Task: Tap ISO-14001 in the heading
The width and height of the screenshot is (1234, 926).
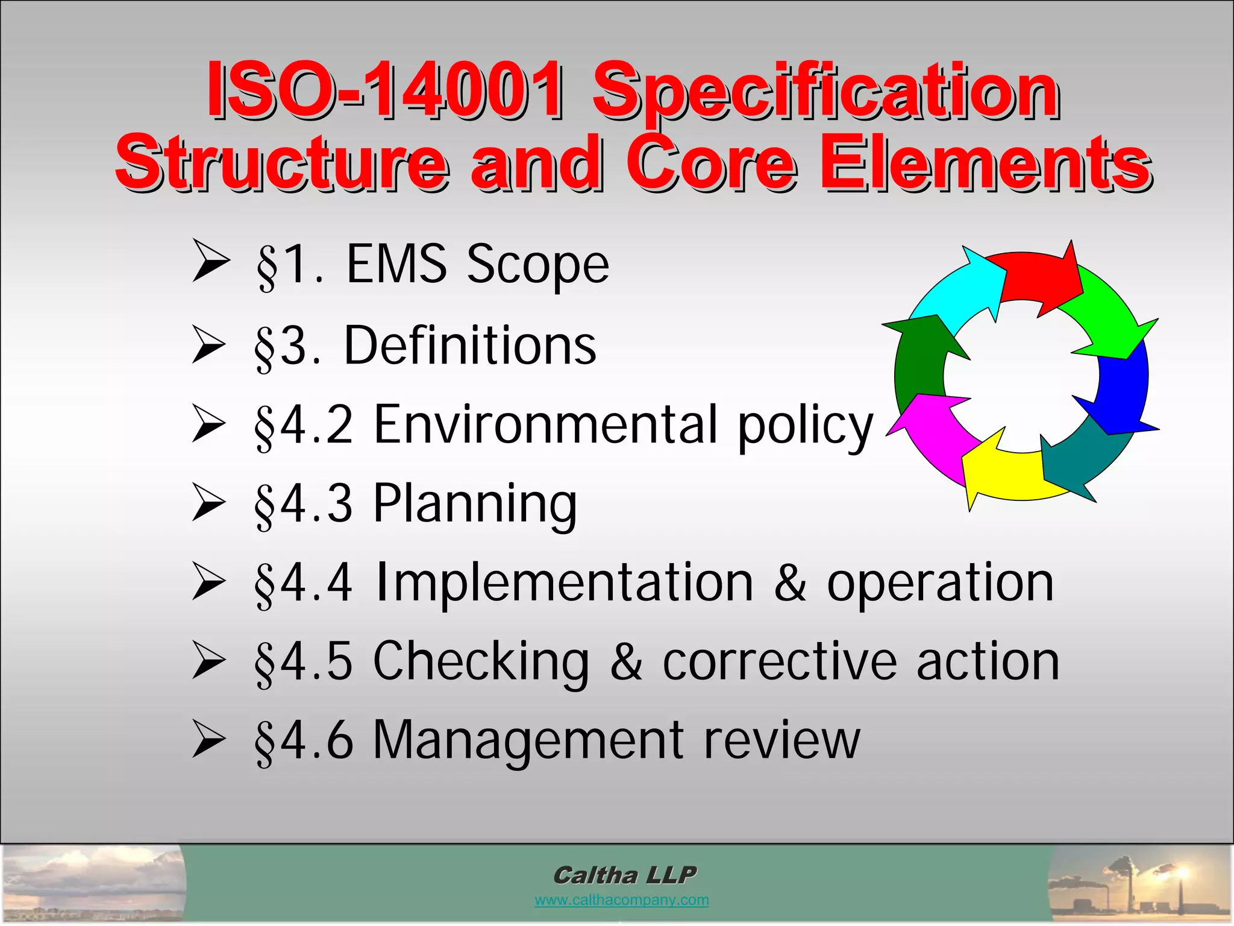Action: point(386,90)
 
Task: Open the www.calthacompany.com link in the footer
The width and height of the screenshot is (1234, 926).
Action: point(621,900)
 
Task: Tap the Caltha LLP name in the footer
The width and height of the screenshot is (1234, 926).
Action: point(624,875)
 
